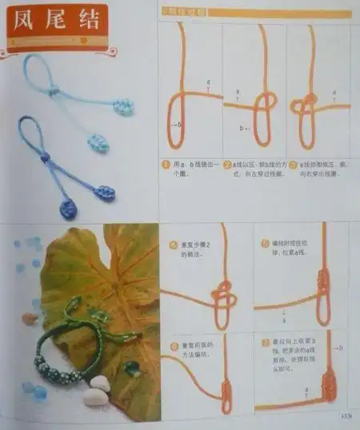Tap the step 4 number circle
[x=172, y=244]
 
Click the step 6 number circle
[x=172, y=345]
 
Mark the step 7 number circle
[x=266, y=345]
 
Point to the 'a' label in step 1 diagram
[x=208, y=82]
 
